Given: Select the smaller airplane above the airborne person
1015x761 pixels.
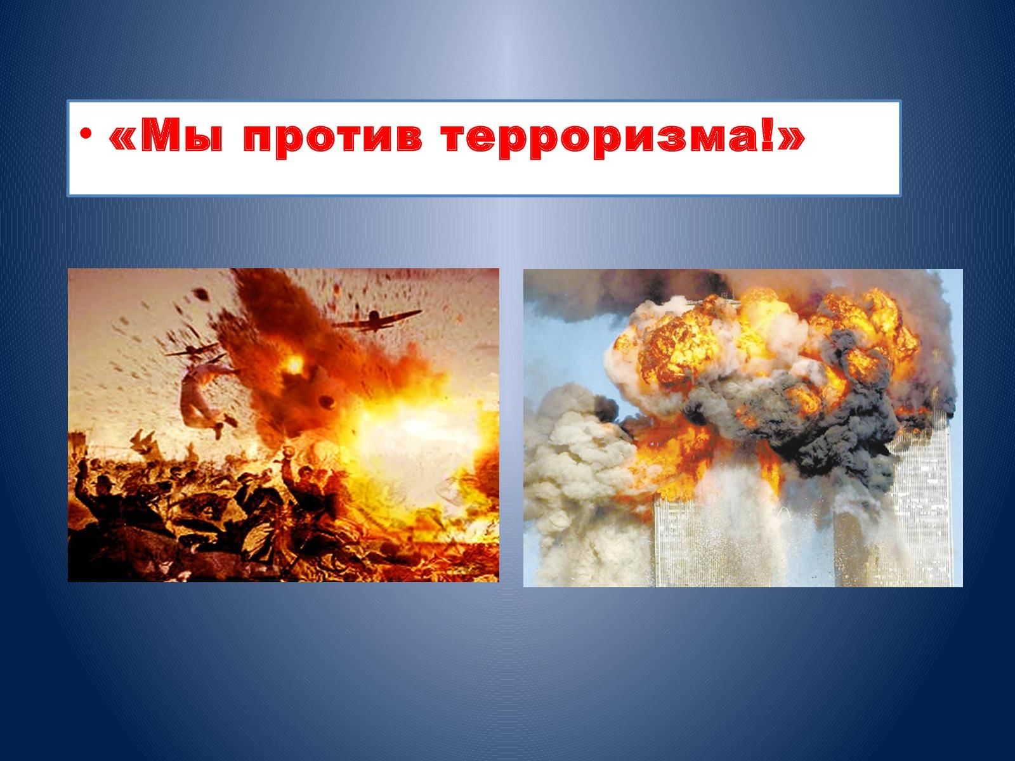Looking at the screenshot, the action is (193, 350).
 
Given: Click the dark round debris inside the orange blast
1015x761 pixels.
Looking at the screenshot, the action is (327, 402).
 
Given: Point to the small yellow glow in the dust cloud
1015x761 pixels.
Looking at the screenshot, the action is (294, 365).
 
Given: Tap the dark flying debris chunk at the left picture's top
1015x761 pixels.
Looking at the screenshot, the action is (200, 293).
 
